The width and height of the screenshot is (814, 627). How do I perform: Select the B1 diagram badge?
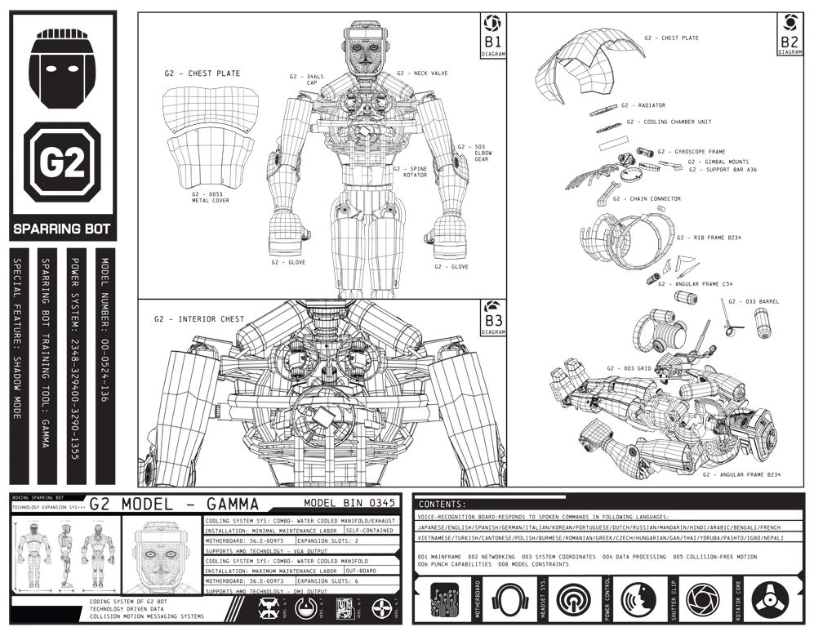click(x=493, y=37)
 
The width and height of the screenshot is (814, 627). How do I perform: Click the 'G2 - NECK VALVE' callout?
click(x=422, y=73)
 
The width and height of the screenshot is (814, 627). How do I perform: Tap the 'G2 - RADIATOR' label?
click(x=643, y=105)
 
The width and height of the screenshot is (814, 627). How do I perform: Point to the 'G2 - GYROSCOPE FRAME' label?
click(x=691, y=152)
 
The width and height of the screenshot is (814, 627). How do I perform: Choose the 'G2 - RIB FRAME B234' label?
click(x=709, y=238)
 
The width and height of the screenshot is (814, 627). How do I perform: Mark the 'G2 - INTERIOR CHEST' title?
click(x=198, y=319)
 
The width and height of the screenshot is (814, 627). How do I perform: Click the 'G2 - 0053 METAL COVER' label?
click(x=211, y=198)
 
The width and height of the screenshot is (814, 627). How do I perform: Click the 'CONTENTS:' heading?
click(x=442, y=505)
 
